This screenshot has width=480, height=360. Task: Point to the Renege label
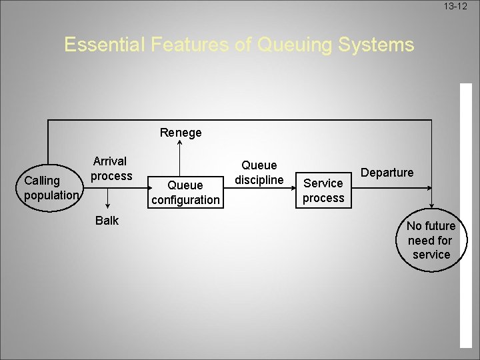[x=181, y=133]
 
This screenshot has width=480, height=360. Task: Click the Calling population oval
[x=51, y=188]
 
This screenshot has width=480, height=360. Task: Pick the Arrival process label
[x=111, y=169]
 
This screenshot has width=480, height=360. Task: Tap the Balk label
[x=107, y=221]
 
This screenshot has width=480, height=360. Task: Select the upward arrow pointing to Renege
[x=179, y=153]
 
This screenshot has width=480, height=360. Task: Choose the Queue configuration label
[x=185, y=192]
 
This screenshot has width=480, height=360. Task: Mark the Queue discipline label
[x=259, y=172]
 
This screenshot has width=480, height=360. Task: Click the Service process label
[x=323, y=190]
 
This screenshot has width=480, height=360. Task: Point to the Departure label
[x=387, y=173]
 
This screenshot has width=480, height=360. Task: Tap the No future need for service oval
[x=431, y=241]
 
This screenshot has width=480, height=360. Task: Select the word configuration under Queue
[x=185, y=199]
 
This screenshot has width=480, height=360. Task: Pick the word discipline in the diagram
[x=259, y=179]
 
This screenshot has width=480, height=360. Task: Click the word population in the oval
[x=52, y=195]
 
